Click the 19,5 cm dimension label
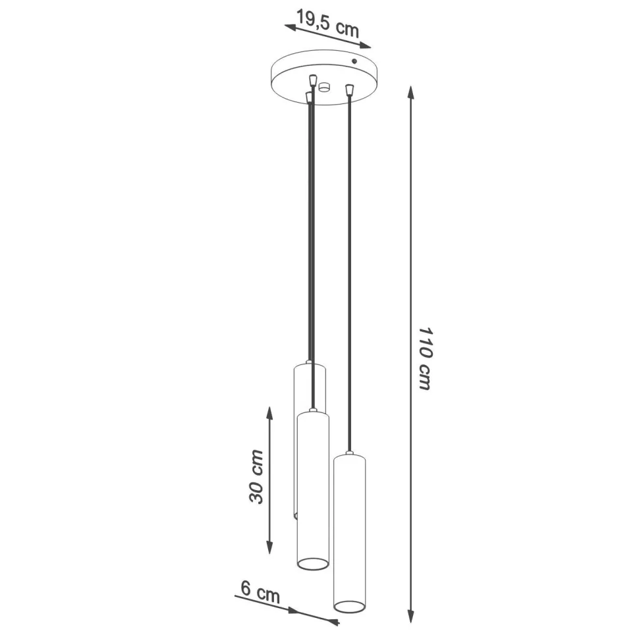[x=327, y=24]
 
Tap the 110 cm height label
[x=426, y=358]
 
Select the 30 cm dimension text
[x=257, y=476]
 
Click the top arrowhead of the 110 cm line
[x=411, y=92]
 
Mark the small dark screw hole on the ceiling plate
[x=354, y=61]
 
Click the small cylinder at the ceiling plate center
[x=323, y=87]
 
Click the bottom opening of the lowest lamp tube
[x=349, y=605]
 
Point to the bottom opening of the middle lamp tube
[x=313, y=563]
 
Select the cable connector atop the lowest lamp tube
[x=350, y=453]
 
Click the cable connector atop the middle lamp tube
[x=313, y=410]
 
